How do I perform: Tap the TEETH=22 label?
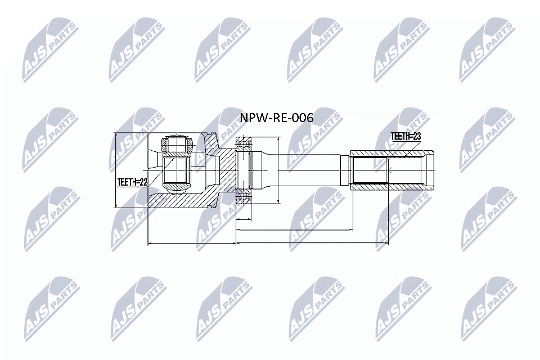tap(132, 182)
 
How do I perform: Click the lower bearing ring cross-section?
tap(242, 196)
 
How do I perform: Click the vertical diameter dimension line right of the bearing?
tap(279, 169)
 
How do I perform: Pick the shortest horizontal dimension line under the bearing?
tap(243, 218)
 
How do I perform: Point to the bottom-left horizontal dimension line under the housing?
tap(191, 244)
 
